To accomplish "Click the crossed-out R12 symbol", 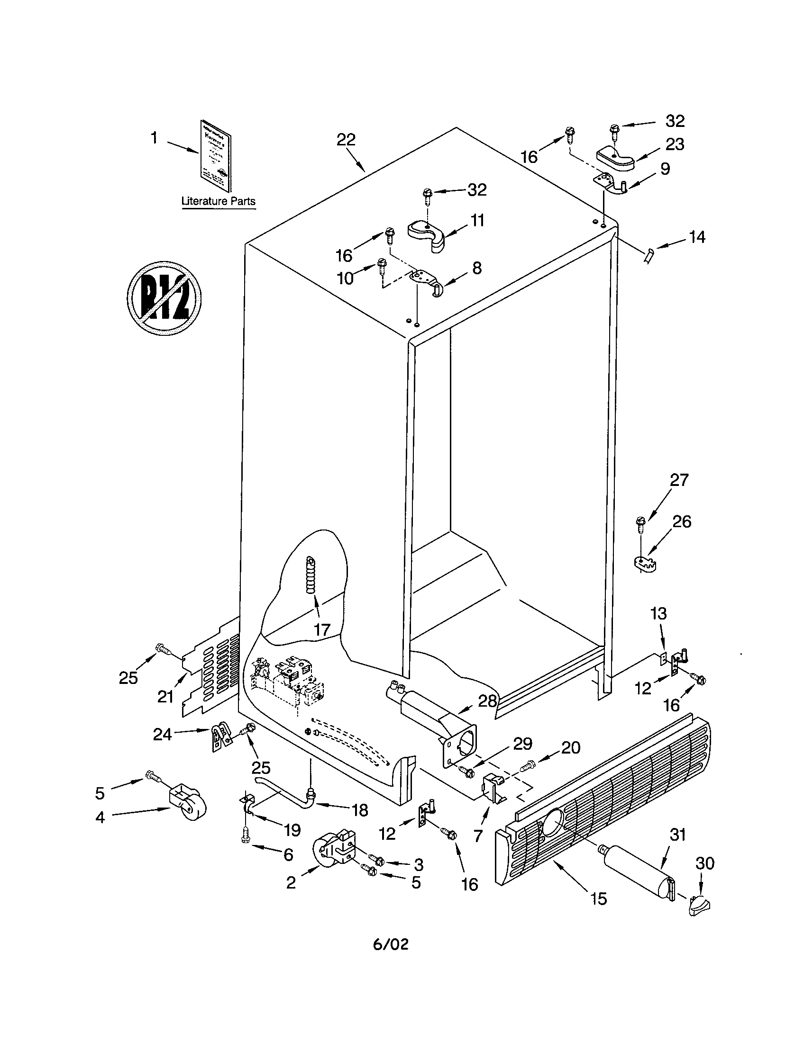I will coord(164,298).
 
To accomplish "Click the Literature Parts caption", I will coord(218,201).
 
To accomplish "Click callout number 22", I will coord(346,140).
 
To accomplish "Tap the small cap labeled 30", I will coord(700,904).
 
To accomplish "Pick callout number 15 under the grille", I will coord(598,899).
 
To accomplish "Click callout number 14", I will coord(697,237).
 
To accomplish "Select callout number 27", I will coord(679,479).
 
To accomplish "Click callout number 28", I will coord(487,700).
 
